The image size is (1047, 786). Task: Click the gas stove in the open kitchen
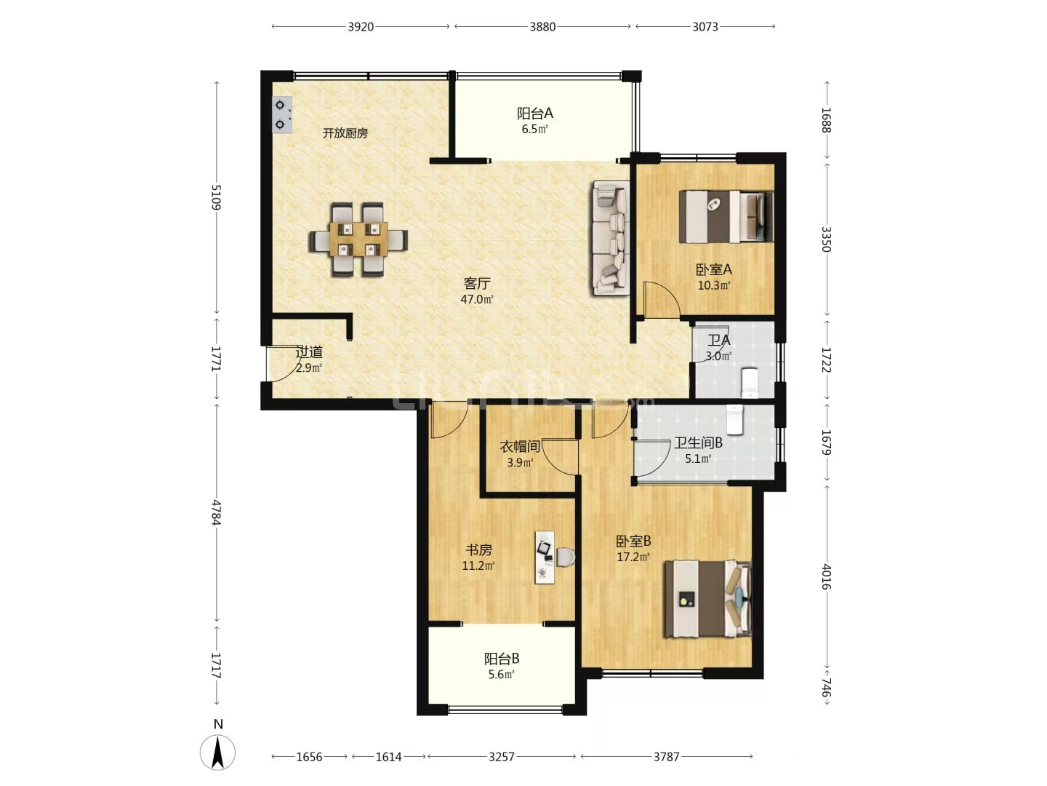pos(281,114)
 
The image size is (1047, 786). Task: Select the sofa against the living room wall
pos(611,238)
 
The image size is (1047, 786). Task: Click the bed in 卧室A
pos(726,217)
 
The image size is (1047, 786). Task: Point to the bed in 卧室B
pos(708,598)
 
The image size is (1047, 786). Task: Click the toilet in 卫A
pos(750,382)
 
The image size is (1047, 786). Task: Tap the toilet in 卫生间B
pos(734,419)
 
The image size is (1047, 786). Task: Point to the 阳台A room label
pos(534,113)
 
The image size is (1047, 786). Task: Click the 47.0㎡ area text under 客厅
pos(476,299)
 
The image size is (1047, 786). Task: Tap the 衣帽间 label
pos(520,447)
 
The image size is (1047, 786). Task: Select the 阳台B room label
pos(501,659)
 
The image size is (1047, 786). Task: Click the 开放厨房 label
pos(345,133)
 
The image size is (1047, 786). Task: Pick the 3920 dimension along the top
pos(361,27)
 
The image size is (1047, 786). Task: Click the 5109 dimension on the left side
pos(216,197)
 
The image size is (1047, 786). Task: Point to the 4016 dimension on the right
pos(827,577)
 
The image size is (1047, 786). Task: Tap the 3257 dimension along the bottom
pos(501,757)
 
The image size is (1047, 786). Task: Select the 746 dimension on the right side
pos(827,688)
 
